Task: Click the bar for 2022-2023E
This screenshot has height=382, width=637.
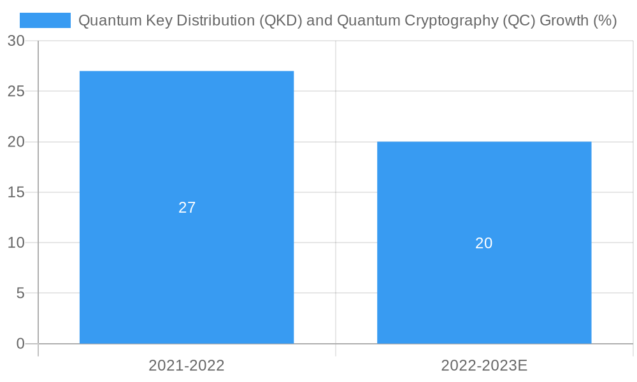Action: point(484,191)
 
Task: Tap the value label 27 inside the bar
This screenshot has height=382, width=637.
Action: point(187,208)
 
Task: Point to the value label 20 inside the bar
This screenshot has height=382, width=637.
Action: point(484,243)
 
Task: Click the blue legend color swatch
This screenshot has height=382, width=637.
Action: point(45,20)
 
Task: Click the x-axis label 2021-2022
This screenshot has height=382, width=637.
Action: point(187,365)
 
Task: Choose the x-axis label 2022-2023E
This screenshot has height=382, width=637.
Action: point(484,365)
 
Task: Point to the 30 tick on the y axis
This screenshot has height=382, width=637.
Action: point(16,41)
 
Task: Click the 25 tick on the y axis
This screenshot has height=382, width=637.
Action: point(16,91)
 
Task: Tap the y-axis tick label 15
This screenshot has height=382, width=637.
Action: point(16,192)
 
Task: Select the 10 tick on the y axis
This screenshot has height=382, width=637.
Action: point(16,243)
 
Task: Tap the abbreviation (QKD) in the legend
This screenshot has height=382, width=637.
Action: point(280,20)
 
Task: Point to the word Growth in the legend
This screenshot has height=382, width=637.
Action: point(563,20)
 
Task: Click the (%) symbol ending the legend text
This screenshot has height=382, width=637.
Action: point(605,20)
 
